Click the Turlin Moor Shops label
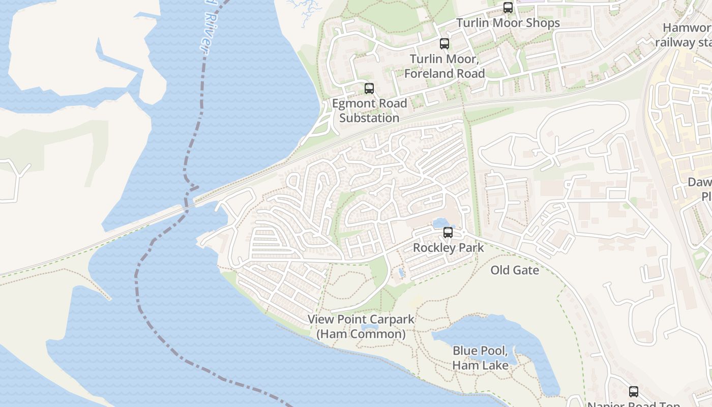pos(508,23)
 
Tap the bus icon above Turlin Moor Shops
pos(508,8)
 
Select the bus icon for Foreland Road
pos(444,44)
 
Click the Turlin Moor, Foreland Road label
pos(444,66)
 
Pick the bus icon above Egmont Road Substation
pos(369,89)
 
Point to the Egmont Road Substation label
pos(369,110)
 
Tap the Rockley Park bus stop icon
pos(448,232)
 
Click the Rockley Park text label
pos(449,248)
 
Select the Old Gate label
pos(515,270)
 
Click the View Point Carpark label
pos(361,319)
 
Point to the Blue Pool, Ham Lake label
pos(480,358)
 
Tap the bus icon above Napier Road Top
pos(633,392)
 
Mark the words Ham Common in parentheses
pos(361,334)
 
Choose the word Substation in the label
pos(369,118)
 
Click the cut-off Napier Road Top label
pos(633,404)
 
